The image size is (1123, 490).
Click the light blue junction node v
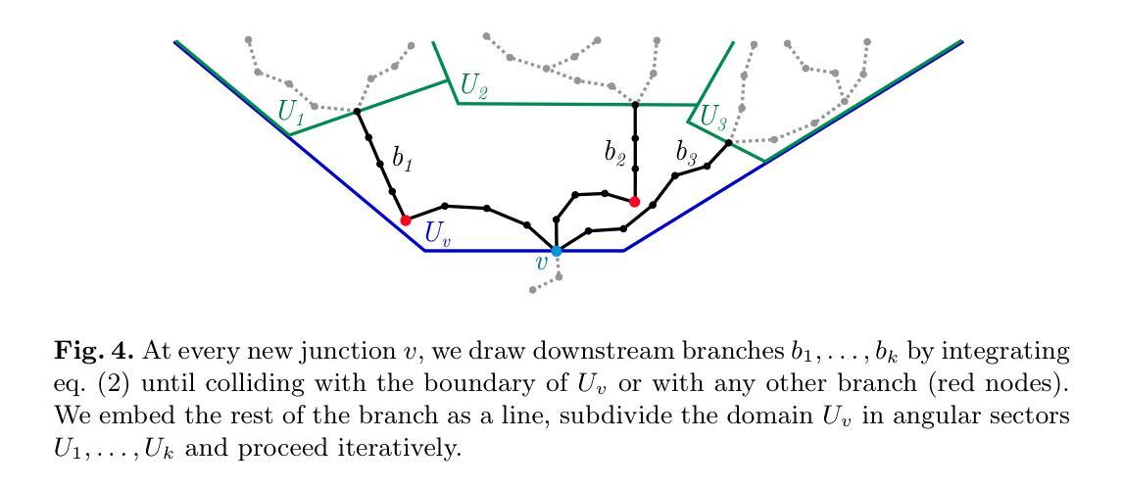coord(556,251)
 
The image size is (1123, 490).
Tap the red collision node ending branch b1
coord(405,220)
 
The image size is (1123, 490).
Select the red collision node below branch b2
coord(634,202)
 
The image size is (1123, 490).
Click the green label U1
coord(291,113)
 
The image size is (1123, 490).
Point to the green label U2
coord(474,88)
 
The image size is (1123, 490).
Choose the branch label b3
coord(688,153)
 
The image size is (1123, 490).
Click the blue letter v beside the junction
coord(540,262)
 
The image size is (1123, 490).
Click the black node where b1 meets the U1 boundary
coord(357,112)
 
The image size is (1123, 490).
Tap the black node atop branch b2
coord(635,104)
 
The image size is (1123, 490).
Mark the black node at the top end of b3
coord(728,143)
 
